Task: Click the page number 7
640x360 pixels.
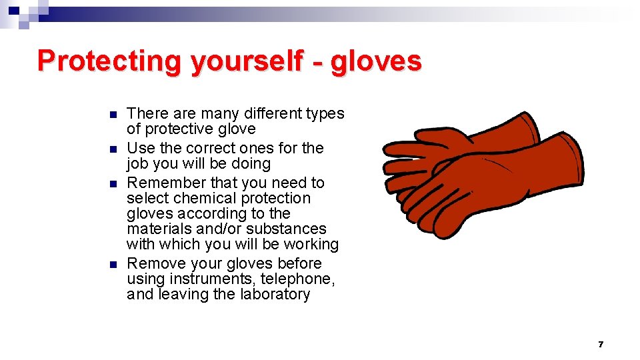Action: [600, 344]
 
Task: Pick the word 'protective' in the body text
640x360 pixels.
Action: [182, 129]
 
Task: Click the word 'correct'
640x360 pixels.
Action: [210, 148]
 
